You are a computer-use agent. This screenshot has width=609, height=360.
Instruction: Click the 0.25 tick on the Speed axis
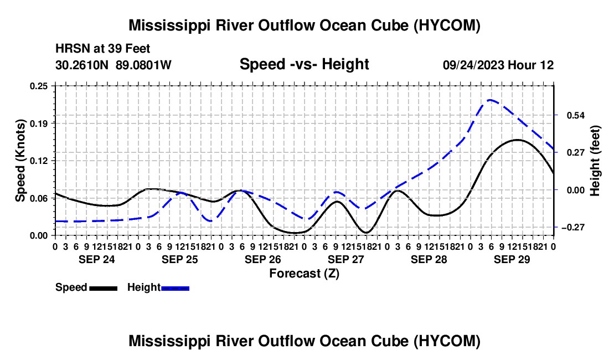point(39,86)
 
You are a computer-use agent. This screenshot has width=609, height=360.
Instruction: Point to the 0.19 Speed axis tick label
point(39,124)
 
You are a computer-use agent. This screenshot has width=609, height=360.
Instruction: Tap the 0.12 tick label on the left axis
point(39,161)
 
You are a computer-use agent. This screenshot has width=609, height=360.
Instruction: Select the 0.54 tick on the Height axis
point(576,115)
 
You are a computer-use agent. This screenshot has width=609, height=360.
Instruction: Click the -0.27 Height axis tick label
point(573,227)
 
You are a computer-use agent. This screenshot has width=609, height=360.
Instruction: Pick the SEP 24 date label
point(97,259)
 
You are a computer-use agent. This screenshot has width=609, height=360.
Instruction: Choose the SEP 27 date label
point(345,259)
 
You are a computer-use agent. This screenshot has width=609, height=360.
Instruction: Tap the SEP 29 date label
point(512,259)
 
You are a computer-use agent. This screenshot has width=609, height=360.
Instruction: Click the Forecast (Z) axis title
point(304,274)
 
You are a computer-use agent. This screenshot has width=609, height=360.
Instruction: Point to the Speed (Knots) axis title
point(20,161)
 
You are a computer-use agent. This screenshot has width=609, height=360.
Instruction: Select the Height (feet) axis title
point(595,161)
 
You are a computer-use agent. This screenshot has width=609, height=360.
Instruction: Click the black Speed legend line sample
point(104,288)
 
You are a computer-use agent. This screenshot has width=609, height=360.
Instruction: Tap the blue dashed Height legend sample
point(175,288)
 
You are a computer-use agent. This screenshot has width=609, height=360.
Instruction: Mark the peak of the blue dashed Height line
point(491,100)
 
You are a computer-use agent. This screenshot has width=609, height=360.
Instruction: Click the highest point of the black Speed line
point(517,140)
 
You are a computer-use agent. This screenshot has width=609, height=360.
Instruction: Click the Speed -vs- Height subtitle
point(304,64)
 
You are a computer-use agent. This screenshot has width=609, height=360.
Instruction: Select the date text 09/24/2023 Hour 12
point(498,65)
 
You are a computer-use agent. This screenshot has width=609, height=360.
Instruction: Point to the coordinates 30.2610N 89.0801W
point(113,65)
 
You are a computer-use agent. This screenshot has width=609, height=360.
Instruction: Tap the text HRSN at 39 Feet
point(102,49)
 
